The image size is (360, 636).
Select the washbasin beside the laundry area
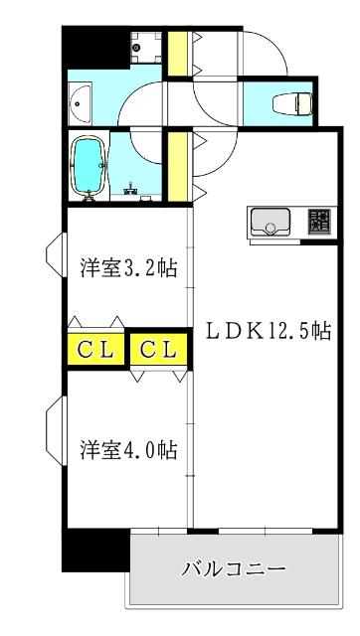click(80, 101)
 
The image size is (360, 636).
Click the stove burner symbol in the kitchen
click(318, 221)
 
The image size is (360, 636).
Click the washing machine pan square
click(145, 46)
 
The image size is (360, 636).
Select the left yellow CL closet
click(94, 350)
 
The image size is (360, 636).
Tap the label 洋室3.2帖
click(128, 268)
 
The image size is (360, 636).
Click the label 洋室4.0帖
click(128, 450)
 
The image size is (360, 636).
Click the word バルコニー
click(234, 569)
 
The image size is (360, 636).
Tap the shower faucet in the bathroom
click(130, 186)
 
